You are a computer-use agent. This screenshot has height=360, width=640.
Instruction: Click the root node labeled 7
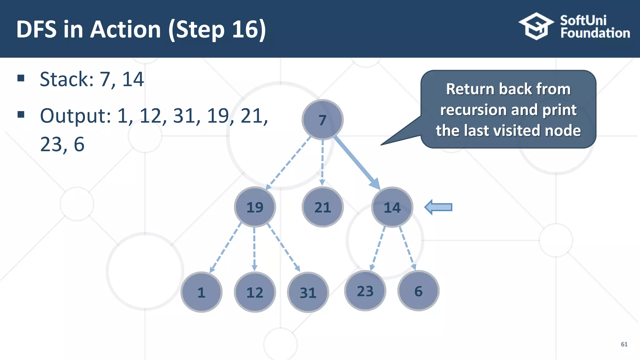322,120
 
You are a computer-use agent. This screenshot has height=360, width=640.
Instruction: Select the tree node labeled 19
255,207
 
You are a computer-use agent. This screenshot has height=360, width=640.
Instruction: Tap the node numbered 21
322,207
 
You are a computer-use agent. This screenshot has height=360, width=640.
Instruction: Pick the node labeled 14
392,207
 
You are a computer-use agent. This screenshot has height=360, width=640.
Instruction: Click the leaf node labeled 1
201,292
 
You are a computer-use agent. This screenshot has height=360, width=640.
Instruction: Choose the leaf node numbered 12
255,292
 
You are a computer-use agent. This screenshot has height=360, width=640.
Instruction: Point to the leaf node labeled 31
308,292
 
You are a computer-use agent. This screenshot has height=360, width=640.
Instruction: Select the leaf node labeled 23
365,291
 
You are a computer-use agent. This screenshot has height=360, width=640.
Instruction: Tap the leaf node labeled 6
418,291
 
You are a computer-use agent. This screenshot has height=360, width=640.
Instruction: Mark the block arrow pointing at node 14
438,207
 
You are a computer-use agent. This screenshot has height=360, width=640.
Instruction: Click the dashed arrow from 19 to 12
254,248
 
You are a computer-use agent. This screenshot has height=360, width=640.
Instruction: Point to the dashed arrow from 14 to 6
407,248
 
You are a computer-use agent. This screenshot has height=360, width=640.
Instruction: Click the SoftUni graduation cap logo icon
536,26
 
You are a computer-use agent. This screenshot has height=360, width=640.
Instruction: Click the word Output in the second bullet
75,116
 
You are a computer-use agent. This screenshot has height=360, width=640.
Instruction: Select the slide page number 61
624,344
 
